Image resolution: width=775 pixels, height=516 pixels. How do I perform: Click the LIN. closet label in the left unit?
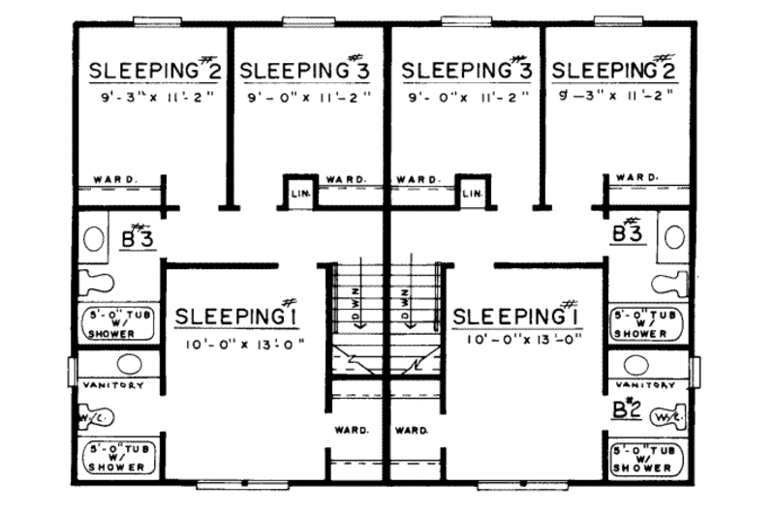(x=299, y=195)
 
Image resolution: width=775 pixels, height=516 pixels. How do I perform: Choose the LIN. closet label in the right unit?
(x=473, y=195)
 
